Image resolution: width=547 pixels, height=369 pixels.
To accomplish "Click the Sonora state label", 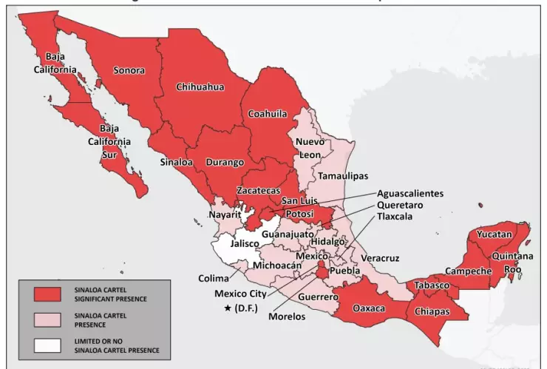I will (x=129, y=70).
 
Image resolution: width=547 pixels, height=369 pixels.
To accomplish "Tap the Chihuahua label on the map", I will (x=200, y=87).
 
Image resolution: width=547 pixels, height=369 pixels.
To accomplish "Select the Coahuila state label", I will (x=267, y=115).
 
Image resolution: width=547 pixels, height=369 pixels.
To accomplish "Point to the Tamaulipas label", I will (x=343, y=176).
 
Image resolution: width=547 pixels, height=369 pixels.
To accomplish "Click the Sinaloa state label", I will (x=176, y=161).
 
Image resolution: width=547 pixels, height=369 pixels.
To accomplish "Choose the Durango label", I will (x=225, y=162).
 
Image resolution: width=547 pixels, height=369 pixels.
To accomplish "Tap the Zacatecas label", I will (x=258, y=191).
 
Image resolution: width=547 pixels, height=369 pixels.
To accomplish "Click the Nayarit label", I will (x=225, y=214).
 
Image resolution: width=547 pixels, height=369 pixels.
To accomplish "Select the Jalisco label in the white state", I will (x=245, y=243).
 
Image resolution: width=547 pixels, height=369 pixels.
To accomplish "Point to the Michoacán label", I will (x=277, y=265).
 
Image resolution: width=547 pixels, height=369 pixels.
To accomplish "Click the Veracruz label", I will (x=380, y=258).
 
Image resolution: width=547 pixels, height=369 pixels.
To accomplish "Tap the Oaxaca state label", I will (x=369, y=308).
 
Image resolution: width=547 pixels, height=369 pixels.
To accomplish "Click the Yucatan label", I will (x=494, y=234).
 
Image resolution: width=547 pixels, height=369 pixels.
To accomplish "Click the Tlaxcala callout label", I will (x=400, y=217).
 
